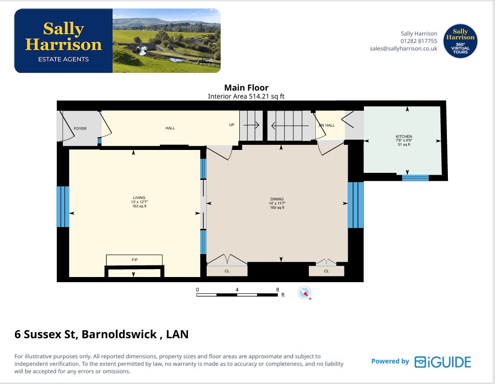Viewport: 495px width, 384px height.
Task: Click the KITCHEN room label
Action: tap(404, 136)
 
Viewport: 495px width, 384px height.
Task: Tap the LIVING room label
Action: tap(139, 198)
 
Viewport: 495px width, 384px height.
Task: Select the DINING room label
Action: tap(277, 199)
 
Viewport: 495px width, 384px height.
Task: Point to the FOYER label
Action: tap(80, 128)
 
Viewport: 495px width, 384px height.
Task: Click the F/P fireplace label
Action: tap(134, 260)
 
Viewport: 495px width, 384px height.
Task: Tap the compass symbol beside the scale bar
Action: tap(304, 293)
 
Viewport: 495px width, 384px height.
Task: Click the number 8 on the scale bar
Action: tap(278, 290)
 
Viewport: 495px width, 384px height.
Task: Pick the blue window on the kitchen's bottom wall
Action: tap(415, 178)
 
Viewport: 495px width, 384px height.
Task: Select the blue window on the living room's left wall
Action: tap(63, 206)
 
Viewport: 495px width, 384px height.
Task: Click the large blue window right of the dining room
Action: tap(356, 205)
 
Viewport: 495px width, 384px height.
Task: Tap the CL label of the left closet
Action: tap(227, 271)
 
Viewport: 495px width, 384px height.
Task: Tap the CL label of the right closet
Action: tap(327, 271)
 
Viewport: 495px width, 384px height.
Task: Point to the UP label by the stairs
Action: tap(232, 125)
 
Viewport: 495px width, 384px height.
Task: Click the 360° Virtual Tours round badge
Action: tap(460, 41)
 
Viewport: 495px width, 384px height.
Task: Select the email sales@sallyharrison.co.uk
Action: tap(404, 49)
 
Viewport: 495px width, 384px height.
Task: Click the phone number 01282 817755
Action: tap(419, 41)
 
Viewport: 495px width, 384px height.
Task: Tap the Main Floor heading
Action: tap(246, 87)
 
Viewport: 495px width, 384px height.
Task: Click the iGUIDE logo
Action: tap(443, 362)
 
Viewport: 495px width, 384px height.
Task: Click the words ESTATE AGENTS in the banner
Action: tap(63, 59)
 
